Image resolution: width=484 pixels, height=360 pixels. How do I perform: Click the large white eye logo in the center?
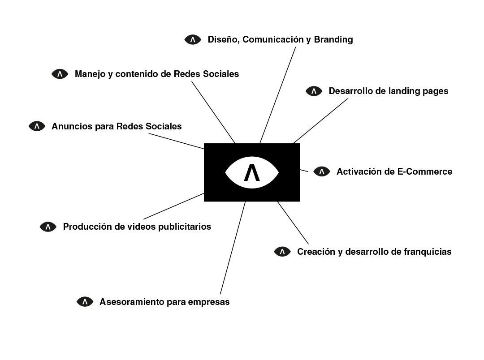pos(252,172)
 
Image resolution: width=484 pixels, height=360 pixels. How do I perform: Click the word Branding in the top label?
pos(333,39)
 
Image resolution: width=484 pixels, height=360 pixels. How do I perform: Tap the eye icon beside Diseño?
pos(193,39)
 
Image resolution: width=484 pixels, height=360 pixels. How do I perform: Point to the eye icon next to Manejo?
pos(60,74)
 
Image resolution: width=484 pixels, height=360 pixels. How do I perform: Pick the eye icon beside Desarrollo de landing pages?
pos(314,91)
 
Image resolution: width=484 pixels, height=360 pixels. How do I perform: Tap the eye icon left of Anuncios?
pos(37,126)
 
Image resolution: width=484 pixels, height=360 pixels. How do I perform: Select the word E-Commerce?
pos(425,171)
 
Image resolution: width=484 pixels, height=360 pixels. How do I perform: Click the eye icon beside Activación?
pos(322,171)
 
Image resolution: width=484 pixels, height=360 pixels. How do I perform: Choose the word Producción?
pos(87,227)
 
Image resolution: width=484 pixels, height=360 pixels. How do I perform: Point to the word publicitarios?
pos(185,227)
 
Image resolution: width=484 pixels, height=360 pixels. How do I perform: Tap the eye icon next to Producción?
pos(48,227)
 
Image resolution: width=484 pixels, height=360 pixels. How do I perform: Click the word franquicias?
pos(427,252)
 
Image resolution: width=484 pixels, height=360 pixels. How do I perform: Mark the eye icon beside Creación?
pos(282,252)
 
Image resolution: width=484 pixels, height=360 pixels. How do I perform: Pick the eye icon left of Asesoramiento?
pos(85,302)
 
